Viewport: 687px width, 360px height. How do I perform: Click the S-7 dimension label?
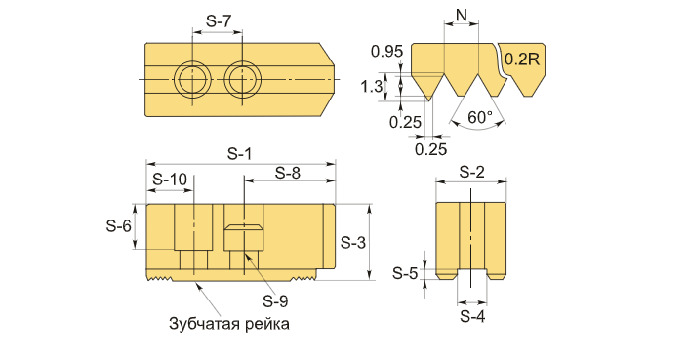point(218,20)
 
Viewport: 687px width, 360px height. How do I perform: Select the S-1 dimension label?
point(240,154)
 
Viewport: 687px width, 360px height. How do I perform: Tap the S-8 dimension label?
point(288,173)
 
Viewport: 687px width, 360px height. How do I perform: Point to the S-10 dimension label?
point(170,180)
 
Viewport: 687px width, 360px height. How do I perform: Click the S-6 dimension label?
point(119,226)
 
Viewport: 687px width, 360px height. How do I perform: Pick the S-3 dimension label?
point(353,242)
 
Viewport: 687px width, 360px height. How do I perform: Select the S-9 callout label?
point(275,300)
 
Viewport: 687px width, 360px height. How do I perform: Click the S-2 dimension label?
point(472,172)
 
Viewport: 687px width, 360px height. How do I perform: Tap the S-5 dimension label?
point(405,273)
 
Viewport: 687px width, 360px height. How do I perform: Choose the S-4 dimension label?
point(472,316)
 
